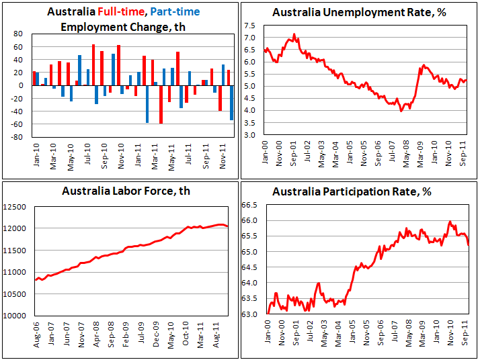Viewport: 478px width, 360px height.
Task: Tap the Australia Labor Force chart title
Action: pyautogui.click(x=126, y=191)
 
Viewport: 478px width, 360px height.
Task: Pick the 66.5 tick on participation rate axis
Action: pyautogui.click(x=251, y=205)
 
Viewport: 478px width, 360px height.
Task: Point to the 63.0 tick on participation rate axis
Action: pyautogui.click(x=251, y=314)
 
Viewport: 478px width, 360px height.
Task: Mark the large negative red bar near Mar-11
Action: pyautogui.click(x=161, y=104)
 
